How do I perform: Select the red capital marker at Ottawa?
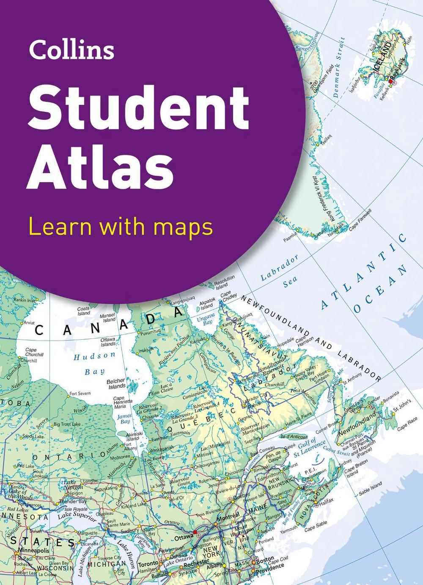click(x=195, y=532)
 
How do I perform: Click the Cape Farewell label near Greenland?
click(x=359, y=219)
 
